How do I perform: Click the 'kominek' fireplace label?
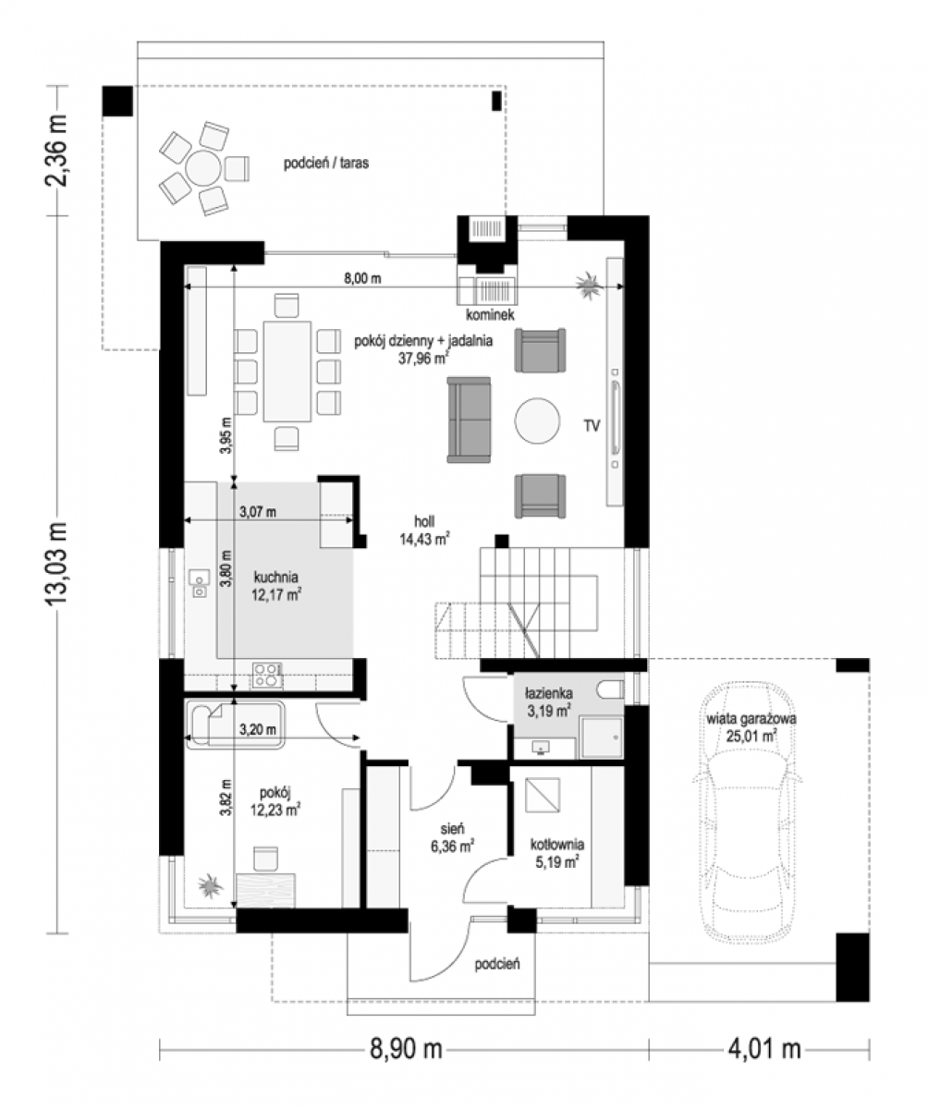click(490, 315)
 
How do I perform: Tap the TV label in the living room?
click(592, 425)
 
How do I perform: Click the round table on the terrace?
click(203, 168)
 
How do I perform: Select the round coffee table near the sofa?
click(537, 420)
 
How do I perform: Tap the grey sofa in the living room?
click(469, 420)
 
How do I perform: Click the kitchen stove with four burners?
click(267, 675)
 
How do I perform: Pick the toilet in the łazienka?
click(610, 690)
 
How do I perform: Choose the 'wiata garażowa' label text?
click(751, 719)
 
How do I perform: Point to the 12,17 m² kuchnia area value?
click(276, 594)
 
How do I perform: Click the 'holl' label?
click(424, 521)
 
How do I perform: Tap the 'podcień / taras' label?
click(326, 163)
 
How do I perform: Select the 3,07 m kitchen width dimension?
click(258, 512)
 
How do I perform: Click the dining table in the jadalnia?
click(287, 372)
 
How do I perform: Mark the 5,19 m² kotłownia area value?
click(556, 861)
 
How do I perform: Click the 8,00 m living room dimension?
click(362, 278)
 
